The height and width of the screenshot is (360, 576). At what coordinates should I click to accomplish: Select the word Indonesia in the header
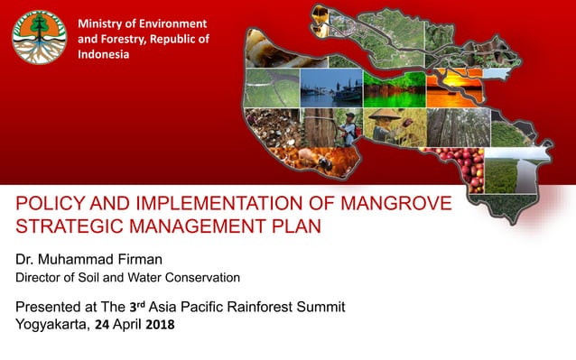[104, 55]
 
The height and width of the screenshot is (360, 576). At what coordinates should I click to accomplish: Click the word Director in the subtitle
[40, 277]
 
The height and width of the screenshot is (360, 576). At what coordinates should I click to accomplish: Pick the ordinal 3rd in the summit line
[138, 307]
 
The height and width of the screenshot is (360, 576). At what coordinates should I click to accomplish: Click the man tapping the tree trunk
[346, 128]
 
